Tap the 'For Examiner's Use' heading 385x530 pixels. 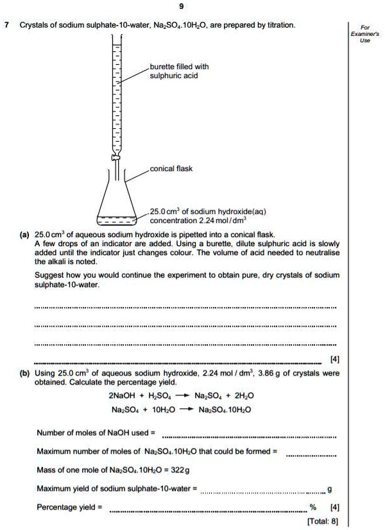point(365,33)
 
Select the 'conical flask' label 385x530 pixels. point(171,169)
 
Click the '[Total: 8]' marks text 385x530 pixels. point(323,521)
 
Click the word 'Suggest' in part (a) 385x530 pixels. point(48,274)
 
